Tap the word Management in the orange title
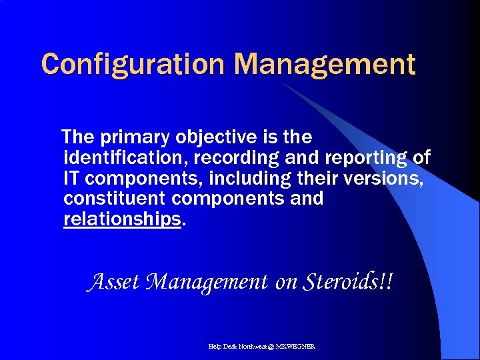(x=325, y=65)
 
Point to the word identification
(x=116, y=159)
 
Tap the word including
(x=250, y=179)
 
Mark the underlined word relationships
(x=122, y=219)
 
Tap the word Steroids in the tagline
(x=341, y=282)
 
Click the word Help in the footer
(x=215, y=347)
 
